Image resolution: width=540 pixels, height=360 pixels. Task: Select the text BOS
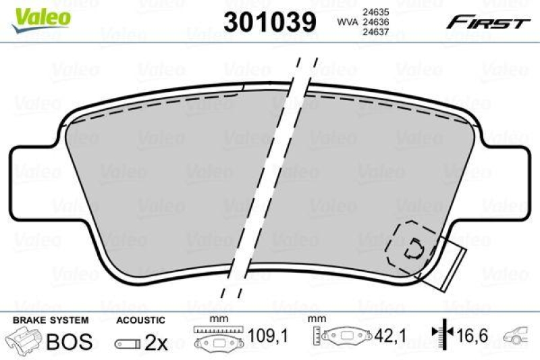coord(69,342)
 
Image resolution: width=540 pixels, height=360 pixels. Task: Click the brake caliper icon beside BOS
coord(23,342)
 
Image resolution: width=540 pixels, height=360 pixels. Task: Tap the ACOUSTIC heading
coord(140,319)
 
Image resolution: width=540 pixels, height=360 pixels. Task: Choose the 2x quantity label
coord(156,342)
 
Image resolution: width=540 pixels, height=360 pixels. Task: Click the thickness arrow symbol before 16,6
coord(440,334)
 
